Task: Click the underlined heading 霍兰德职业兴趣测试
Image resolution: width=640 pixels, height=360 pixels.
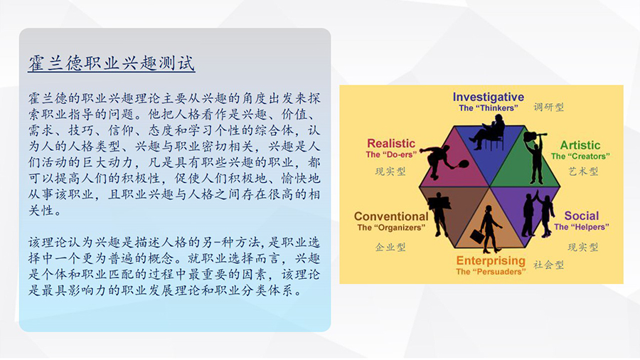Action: [x=112, y=63]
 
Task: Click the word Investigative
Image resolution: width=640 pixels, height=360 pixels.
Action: [x=488, y=97]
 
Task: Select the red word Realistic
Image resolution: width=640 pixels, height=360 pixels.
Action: [x=391, y=143]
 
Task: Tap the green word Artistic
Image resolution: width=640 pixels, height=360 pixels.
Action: [x=580, y=145]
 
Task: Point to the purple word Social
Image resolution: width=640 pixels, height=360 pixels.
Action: [x=582, y=216]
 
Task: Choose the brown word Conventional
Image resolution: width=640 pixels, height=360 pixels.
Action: [x=391, y=216]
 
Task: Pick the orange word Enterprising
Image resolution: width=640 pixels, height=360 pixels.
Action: [x=491, y=260]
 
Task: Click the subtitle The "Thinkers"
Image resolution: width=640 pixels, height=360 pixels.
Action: [x=488, y=108]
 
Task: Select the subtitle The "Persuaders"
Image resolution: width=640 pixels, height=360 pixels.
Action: [x=491, y=272]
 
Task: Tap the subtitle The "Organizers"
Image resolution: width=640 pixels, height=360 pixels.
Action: [x=391, y=228]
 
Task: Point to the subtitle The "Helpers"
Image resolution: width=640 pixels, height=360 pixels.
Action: [x=582, y=227]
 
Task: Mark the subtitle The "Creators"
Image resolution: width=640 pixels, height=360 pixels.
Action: [x=580, y=157]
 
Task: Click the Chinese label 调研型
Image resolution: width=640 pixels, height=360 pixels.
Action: [x=548, y=107]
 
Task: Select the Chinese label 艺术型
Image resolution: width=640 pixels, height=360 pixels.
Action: [x=583, y=171]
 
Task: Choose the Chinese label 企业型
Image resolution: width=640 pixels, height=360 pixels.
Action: [x=390, y=247]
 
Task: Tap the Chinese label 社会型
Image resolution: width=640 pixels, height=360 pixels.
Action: [x=548, y=265]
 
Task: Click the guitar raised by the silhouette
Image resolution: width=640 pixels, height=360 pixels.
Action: [x=534, y=136]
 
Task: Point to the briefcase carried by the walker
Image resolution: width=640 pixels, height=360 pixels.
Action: [x=477, y=236]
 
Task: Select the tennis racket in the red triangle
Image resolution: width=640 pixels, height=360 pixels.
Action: [x=460, y=164]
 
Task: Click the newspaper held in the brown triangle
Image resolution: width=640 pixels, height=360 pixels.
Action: [x=439, y=202]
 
